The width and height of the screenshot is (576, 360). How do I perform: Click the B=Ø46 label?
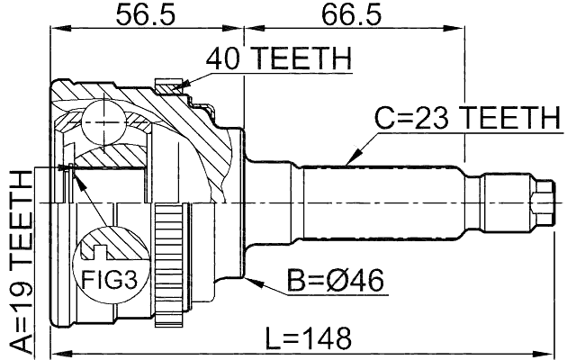click(x=337, y=281)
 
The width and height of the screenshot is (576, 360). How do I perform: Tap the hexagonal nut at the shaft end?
click(x=542, y=202)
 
